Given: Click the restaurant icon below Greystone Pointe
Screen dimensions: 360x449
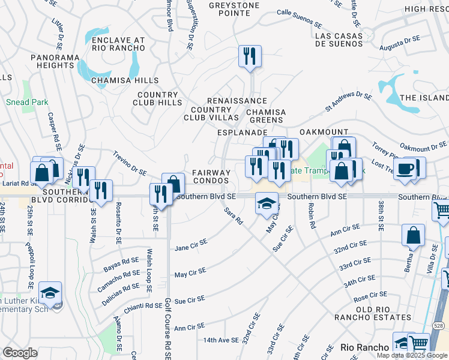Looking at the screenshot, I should (x=249, y=56).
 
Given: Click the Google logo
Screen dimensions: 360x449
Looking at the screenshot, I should (x=20, y=353).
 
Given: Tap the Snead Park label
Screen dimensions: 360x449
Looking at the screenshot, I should (x=27, y=102).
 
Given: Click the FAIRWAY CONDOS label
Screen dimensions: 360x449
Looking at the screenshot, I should (x=211, y=177).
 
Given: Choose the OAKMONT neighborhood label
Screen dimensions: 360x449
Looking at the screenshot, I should (x=324, y=132).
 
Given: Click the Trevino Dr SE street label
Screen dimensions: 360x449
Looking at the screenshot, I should (x=130, y=163).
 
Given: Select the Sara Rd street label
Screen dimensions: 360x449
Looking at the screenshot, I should (x=232, y=216).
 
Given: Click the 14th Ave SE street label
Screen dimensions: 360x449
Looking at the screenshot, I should (x=221, y=340).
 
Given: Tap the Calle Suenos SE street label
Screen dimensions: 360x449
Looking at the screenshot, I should (x=299, y=19).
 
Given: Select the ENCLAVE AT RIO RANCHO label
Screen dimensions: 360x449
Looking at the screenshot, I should (x=118, y=44).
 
